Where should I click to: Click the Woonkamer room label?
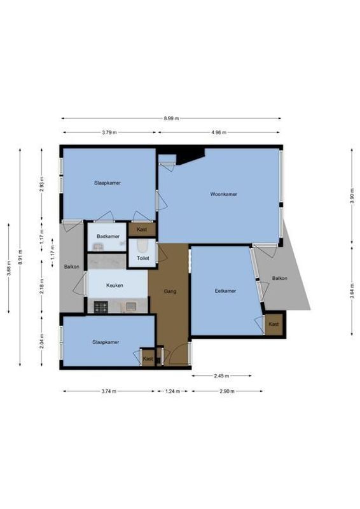click(223, 194)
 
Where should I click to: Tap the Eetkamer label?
click(225, 291)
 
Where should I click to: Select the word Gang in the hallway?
click(169, 291)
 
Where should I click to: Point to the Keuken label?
click(114, 286)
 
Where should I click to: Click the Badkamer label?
click(107, 237)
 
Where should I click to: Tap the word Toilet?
click(142, 258)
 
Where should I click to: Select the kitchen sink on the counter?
click(130, 307)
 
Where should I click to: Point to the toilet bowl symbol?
click(142, 246)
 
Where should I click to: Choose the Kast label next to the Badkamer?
click(142, 229)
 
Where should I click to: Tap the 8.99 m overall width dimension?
click(171, 118)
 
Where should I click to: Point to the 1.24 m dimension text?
click(171, 391)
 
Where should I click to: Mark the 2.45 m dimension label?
click(221, 376)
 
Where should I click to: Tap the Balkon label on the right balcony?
click(279, 279)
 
